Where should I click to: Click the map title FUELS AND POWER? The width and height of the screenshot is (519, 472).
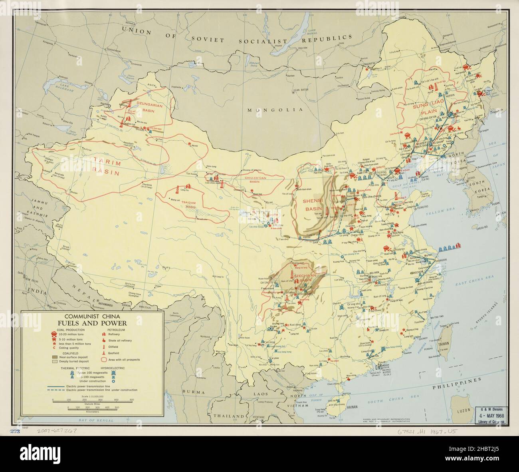point(97,323)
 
